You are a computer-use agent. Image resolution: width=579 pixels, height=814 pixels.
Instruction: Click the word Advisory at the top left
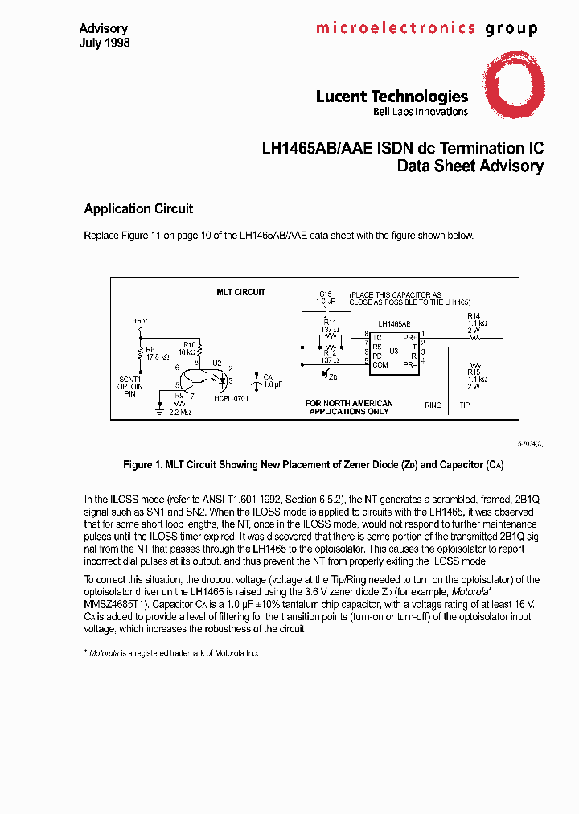coord(103,29)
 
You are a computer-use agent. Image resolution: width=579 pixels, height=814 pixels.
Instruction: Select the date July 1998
coord(104,43)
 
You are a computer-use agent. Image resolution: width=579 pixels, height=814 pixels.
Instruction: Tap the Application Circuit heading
coord(138,209)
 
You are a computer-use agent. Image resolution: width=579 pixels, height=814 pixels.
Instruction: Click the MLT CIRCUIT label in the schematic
coord(240,292)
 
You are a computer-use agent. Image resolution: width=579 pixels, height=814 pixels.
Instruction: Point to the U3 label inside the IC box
coord(394,351)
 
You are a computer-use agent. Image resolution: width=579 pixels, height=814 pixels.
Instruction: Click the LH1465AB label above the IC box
coord(394,323)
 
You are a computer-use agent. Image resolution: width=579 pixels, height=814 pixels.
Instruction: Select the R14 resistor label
coord(474,315)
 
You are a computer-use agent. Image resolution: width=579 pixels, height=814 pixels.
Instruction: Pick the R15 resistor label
coord(474,372)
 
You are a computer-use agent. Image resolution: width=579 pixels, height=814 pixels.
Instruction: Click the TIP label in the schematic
coord(465,405)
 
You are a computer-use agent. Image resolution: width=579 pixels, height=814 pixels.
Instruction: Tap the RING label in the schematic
coord(433,405)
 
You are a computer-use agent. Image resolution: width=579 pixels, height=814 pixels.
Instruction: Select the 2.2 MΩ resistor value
coord(179,412)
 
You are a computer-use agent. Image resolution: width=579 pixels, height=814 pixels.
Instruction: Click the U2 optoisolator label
coord(216,364)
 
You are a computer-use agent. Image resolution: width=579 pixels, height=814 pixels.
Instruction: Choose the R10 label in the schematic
coord(190,343)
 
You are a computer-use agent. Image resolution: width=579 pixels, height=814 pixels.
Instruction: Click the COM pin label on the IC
coord(380,364)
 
